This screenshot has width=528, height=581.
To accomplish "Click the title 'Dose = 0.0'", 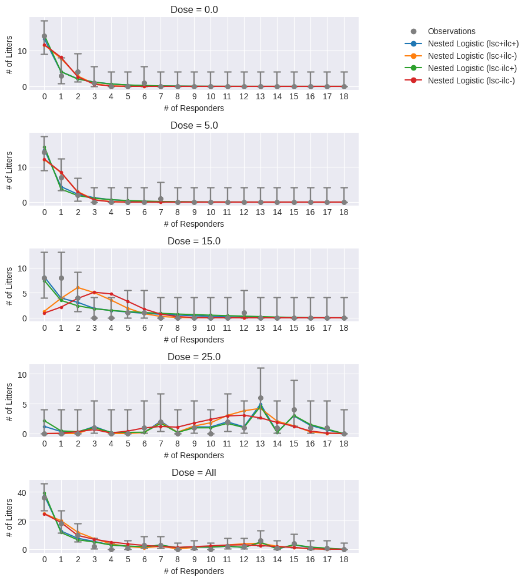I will coord(194,9).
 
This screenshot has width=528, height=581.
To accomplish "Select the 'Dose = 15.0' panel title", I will coord(194,241).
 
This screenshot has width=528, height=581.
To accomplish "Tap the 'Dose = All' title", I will coord(194,472).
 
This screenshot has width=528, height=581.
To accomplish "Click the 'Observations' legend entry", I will coord(452,31).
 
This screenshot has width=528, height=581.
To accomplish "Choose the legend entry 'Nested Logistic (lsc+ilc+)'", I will coord(473,43).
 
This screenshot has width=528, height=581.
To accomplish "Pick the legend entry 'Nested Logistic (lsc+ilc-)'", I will coord(472,56).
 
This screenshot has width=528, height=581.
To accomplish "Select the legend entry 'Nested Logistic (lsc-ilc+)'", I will coord(472,68).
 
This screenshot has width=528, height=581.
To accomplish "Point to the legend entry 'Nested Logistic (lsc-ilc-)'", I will coord(471,80).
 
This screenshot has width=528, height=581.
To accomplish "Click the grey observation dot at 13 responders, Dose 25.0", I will coord(260,398).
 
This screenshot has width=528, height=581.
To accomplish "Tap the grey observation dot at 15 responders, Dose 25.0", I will coord(294,410).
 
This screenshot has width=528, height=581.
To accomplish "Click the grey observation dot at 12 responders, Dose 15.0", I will coord(244,313).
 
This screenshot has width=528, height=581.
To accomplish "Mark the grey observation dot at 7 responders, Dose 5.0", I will coord(161,199).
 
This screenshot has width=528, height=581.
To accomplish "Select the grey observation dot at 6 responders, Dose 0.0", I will coord(144,83).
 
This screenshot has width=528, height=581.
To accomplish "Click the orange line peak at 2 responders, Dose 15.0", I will coord(78,288).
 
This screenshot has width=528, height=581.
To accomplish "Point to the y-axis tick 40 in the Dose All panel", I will coord(22,492).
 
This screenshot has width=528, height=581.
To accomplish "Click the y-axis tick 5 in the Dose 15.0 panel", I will coord(24,293).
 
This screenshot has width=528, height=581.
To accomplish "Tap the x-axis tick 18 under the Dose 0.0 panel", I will coord(344,96).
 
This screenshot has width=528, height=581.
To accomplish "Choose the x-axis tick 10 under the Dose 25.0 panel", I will coord(210,444).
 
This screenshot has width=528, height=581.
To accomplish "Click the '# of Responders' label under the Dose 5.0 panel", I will coord(194,224).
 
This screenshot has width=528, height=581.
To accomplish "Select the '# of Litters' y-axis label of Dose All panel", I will coord(9,518).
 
